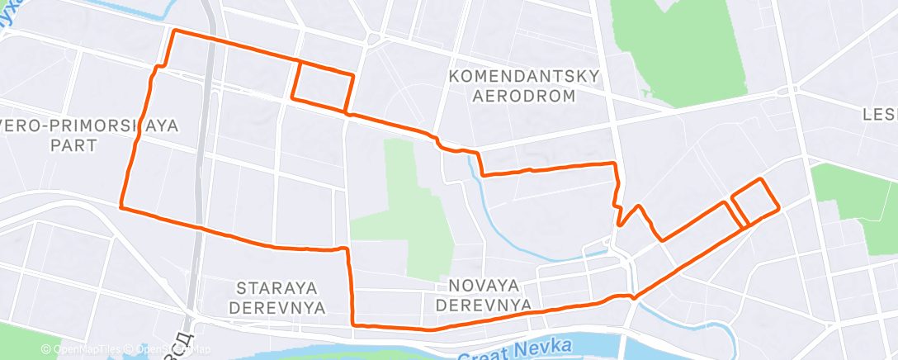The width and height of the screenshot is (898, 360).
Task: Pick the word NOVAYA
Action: [484, 286]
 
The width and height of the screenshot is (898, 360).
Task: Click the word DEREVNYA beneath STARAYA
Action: [281, 307]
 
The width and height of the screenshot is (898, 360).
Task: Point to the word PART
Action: [73, 145]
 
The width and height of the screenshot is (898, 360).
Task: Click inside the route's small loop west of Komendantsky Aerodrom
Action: [323, 85]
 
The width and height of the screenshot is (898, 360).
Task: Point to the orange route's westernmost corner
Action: [121, 206]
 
